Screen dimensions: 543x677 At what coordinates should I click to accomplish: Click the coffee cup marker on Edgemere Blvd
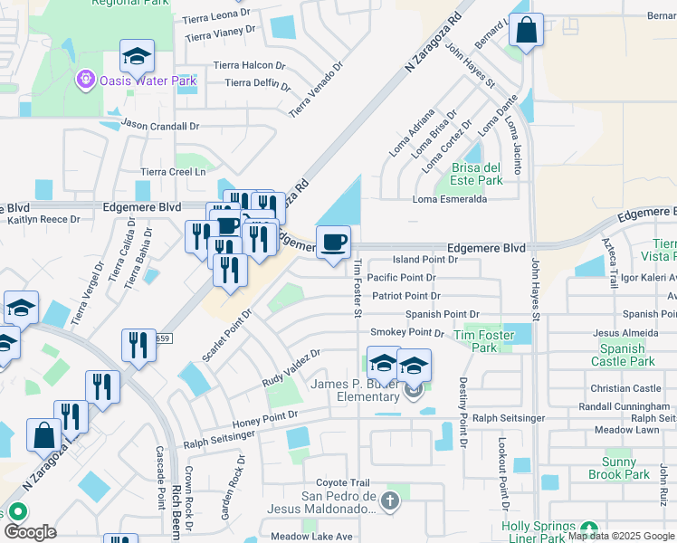(x=334, y=243)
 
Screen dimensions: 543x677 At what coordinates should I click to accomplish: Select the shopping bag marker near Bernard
(x=525, y=32)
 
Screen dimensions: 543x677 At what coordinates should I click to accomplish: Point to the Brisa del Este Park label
(x=476, y=175)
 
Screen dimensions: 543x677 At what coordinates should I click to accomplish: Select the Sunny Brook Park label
(x=619, y=468)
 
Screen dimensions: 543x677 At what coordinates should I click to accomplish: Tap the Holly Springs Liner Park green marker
(x=589, y=529)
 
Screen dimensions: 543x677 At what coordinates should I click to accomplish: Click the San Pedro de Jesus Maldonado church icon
(x=390, y=500)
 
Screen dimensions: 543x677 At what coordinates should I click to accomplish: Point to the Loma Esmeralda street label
(x=450, y=200)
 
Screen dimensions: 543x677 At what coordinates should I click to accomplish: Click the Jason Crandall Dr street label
(x=159, y=126)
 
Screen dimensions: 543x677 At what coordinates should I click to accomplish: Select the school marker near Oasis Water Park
(x=137, y=57)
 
